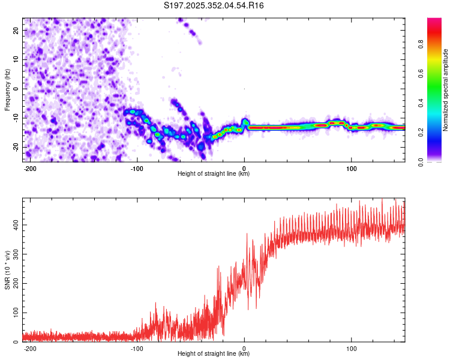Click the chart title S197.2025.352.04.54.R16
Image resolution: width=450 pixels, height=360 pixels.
pyautogui.click(x=214, y=5)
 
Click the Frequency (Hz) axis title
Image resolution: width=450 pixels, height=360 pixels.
pyautogui.click(x=7, y=90)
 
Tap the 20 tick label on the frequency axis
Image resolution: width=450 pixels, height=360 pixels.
pyautogui.click(x=16, y=31)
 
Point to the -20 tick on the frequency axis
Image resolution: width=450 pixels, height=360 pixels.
pyautogui.click(x=16, y=148)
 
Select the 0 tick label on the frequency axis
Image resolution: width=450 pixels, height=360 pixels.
pyautogui.click(x=16, y=89)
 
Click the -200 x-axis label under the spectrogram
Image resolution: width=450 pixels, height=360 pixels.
pyautogui.click(x=29, y=169)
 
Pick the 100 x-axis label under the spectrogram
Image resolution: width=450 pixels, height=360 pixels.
pyautogui.click(x=351, y=169)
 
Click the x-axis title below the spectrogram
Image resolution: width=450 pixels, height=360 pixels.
pyautogui.click(x=214, y=173)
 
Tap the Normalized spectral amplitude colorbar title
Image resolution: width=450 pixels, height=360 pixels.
pyautogui.click(x=445, y=90)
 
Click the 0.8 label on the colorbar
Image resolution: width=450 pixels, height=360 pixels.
pyautogui.click(x=421, y=44)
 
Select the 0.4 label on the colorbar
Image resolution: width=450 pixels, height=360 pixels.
pyautogui.click(x=421, y=103)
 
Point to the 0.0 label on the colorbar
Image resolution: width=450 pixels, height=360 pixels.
pyautogui.click(x=421, y=162)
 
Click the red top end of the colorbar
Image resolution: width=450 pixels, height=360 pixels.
pyautogui.click(x=434, y=20)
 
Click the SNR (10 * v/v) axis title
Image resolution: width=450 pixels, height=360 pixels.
pyautogui.click(x=7, y=270)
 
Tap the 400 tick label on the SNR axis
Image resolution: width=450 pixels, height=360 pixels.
pyautogui.click(x=16, y=225)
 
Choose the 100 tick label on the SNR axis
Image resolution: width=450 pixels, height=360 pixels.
pyautogui.click(x=16, y=313)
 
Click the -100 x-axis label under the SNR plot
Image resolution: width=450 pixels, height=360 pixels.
pyautogui.click(x=137, y=349)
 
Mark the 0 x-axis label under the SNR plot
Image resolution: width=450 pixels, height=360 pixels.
pyautogui.click(x=244, y=349)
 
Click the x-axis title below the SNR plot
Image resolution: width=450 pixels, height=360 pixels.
pyautogui.click(x=214, y=353)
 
